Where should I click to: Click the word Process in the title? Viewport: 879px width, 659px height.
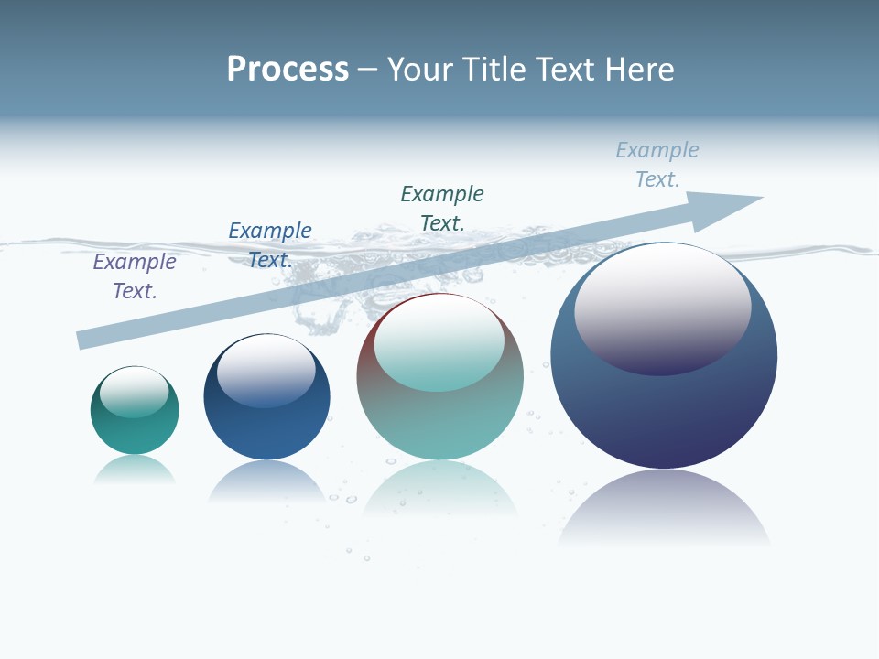tap(288, 70)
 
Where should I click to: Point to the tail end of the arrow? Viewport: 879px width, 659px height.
tap(82, 340)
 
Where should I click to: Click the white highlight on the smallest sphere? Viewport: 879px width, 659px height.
tap(135, 392)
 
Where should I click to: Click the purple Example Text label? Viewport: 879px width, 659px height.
tap(135, 276)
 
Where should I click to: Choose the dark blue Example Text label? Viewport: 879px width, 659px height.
tap(270, 245)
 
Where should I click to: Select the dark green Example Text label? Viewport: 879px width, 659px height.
tap(442, 208)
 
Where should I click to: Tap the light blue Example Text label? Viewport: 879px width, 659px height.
tap(657, 165)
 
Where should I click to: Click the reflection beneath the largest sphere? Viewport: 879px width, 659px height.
tap(664, 508)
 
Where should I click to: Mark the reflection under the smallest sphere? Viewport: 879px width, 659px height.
tap(135, 469)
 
